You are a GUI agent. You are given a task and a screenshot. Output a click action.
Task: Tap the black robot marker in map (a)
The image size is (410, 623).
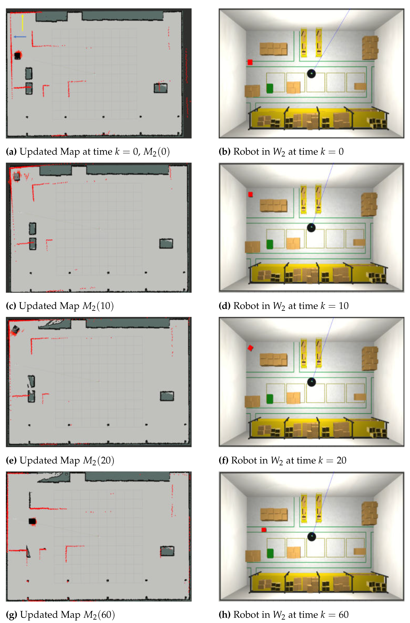click(17, 55)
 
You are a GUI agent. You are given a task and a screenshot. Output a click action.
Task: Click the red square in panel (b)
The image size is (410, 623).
click(250, 62)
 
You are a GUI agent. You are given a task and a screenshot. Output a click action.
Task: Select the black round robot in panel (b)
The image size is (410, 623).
click(311, 73)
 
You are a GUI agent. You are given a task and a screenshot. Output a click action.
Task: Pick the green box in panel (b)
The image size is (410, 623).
click(269, 88)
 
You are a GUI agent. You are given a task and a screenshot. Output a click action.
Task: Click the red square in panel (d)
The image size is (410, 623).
click(250, 194)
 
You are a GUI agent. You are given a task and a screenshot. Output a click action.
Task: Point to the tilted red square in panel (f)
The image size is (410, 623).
click(250, 348)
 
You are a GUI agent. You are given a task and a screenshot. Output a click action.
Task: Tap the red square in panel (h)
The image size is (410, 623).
click(264, 530)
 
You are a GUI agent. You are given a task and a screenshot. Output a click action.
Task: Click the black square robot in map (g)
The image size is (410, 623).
click(32, 521)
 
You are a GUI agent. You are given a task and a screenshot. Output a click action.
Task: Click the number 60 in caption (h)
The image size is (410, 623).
click(343, 615)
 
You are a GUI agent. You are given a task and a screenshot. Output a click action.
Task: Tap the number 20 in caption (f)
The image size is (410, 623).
click(341, 460)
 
